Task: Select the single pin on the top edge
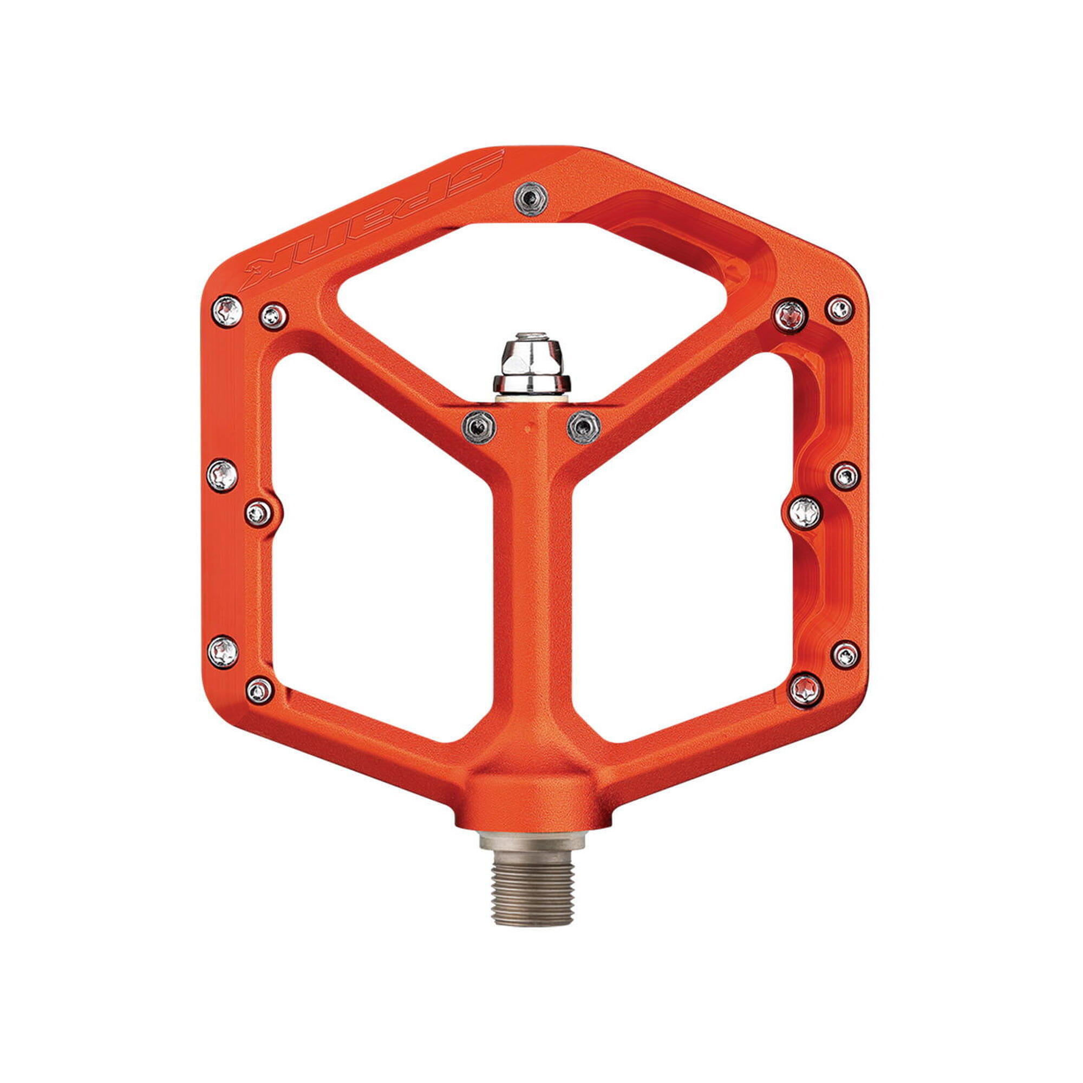coord(532,198)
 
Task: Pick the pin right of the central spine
coord(584,427)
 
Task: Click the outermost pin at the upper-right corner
coord(840,309)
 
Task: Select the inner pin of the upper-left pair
coord(274,317)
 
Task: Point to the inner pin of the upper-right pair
coord(791,316)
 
